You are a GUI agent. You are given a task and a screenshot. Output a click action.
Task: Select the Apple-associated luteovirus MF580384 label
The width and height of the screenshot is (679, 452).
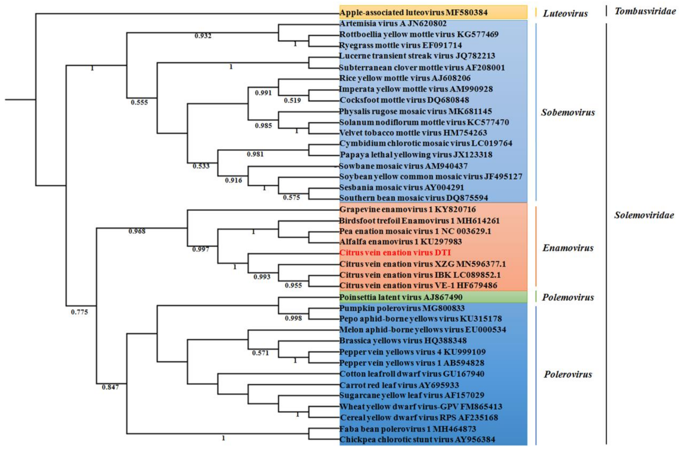[x=413, y=13]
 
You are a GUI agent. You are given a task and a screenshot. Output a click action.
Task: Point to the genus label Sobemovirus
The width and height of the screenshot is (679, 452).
[x=567, y=112]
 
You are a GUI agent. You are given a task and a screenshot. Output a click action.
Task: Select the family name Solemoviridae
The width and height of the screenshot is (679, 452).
[x=644, y=215]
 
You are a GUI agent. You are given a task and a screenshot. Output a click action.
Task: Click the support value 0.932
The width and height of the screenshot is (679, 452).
[x=203, y=36]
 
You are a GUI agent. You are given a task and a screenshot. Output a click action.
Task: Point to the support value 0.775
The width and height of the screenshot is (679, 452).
[x=79, y=312]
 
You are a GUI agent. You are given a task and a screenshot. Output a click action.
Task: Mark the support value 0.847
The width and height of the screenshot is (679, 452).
[x=110, y=387]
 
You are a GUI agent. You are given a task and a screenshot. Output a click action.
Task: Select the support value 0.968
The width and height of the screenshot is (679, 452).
[x=137, y=231]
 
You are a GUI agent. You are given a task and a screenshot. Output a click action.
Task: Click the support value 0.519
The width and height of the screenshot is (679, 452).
[x=292, y=101]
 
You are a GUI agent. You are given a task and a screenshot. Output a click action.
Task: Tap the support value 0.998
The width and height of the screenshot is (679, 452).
[x=293, y=318]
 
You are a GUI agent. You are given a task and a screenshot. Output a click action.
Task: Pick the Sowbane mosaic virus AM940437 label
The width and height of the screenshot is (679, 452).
[x=403, y=166]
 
